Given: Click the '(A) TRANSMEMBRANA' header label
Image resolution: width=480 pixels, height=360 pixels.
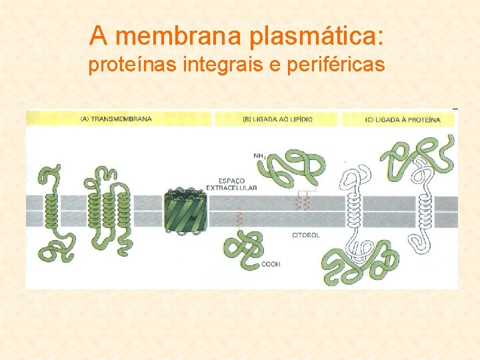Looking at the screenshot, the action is (116, 119).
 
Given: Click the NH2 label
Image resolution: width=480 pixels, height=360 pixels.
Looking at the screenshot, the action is (260, 156).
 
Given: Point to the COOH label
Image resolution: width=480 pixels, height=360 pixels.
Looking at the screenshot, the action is (271, 265).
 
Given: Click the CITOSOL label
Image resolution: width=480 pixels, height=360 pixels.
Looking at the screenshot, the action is (306, 235).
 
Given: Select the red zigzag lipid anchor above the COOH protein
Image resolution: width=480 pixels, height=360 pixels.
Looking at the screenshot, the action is (239, 221).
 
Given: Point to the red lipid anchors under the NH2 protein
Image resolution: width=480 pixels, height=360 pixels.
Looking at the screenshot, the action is (304, 201).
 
